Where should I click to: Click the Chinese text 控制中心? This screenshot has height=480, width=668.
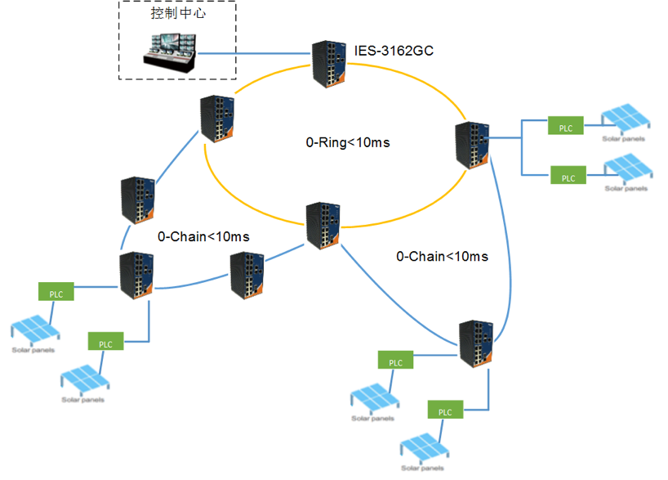point(178,13)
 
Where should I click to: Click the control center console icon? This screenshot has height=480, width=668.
point(170,52)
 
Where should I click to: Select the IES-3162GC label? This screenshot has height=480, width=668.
point(394,51)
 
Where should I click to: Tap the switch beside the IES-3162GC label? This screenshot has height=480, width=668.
point(328,64)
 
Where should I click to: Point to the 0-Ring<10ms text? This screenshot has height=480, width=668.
point(348,142)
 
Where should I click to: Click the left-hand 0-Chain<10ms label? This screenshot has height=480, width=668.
point(203,236)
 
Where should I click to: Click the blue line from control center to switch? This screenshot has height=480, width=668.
point(254,53)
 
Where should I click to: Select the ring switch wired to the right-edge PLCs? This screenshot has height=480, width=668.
point(472,145)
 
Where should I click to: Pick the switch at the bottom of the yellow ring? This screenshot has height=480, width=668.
point(323,226)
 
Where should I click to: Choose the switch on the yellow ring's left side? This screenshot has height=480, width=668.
point(217,119)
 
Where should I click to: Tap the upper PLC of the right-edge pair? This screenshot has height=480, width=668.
point(565,125)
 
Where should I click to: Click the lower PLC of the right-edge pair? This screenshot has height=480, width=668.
point(568,175)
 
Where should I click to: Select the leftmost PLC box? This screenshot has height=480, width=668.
point(56,291)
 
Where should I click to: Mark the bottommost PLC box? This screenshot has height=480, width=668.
point(445,409)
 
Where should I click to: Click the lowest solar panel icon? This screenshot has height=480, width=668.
point(425,448)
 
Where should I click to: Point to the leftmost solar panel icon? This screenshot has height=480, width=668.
point(35,330)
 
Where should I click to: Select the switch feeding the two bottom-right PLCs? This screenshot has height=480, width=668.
point(476,343)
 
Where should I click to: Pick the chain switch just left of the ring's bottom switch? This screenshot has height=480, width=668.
point(247,276)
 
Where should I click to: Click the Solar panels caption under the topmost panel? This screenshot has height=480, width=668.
point(623,139)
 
